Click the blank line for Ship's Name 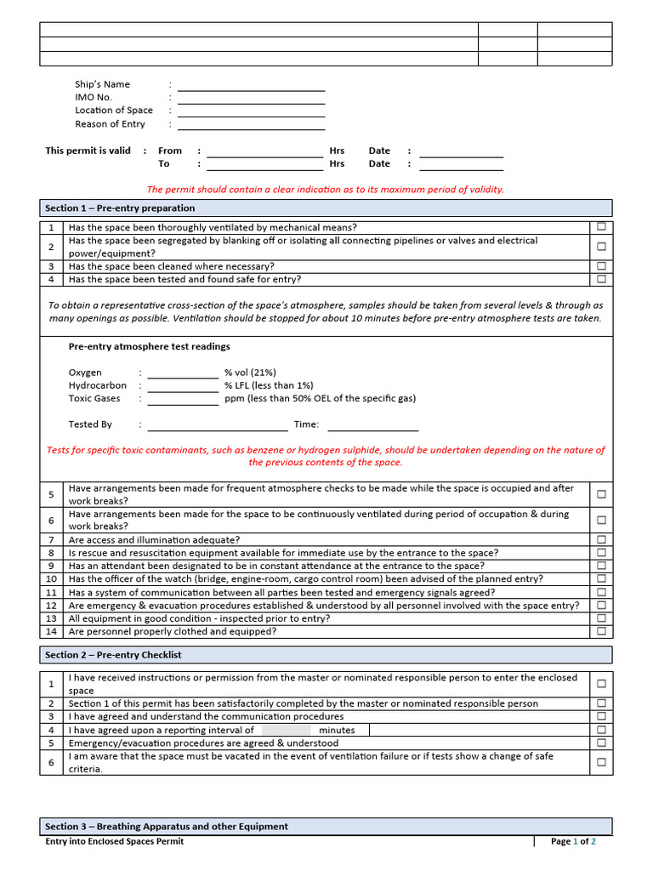(251, 87)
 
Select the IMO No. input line (251, 100)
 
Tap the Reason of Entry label (110, 124)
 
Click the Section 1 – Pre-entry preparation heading (120, 208)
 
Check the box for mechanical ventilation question (601, 227)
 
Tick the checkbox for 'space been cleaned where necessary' (601, 266)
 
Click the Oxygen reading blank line (183, 375)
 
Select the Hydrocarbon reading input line (183, 388)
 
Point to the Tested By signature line (218, 427)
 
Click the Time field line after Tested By (372, 427)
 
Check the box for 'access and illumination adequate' (601, 539)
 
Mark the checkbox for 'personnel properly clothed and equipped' (601, 631)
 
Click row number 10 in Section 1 (51, 579)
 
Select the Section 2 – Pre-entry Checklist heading (113, 655)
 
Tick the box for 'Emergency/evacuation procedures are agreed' (601, 743)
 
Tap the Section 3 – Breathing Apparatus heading (167, 826)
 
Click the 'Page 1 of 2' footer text (573, 841)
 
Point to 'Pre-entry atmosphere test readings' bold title (149, 347)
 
